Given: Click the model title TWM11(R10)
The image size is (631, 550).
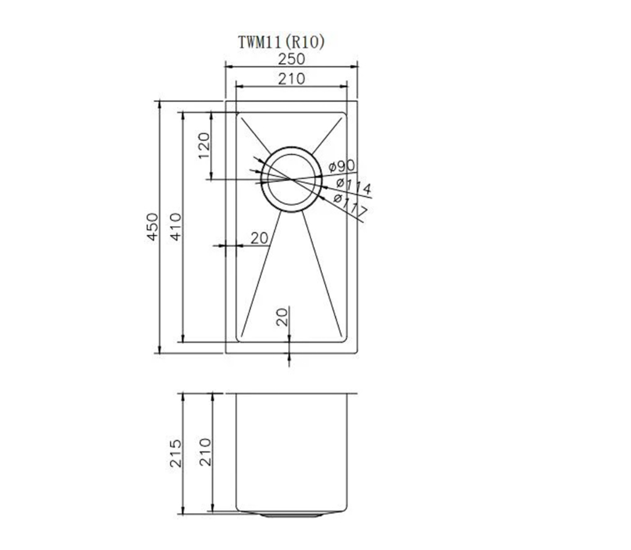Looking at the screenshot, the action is [281, 42].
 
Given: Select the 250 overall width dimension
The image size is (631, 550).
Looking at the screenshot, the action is [291, 59].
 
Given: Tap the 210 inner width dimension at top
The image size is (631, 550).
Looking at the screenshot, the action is [291, 79].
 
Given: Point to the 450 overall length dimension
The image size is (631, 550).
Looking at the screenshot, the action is [152, 227].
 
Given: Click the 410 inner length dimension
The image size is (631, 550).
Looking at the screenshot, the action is [176, 227].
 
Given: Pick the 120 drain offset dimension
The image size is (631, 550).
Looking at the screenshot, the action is [204, 146].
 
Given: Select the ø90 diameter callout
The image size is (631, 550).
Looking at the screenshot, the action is [342, 165].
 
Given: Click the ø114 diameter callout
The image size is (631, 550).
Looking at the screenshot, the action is [353, 186].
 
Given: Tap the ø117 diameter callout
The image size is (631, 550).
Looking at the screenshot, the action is [350, 204].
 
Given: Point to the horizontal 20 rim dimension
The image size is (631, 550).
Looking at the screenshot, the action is [259, 239].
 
